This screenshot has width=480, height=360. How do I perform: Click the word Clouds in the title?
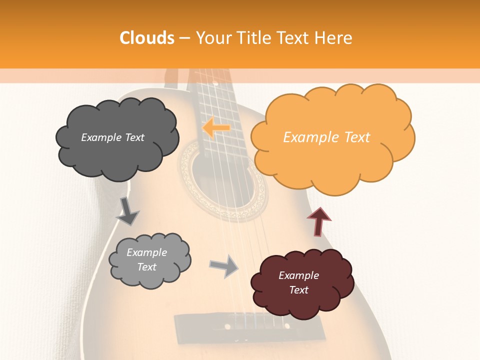[147, 38]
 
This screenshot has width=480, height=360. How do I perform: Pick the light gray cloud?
[149, 260]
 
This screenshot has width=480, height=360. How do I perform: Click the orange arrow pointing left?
[216, 128]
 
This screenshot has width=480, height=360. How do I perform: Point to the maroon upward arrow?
[318, 221]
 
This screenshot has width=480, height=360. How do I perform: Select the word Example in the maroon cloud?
[298, 275]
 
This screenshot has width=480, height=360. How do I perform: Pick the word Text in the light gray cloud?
[147, 267]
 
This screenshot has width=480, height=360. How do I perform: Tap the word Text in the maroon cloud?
[298, 290]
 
